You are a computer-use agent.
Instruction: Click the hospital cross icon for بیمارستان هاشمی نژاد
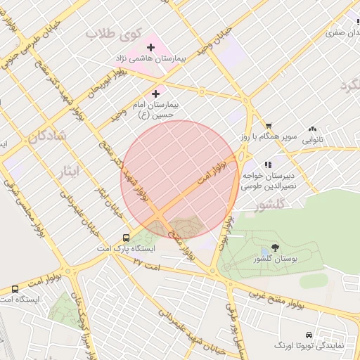point(150,47)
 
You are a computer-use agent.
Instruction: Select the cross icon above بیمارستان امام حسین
point(156,93)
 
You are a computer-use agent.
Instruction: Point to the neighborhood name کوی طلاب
point(114,33)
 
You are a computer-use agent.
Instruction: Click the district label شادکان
point(47,135)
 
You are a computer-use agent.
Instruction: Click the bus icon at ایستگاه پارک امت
point(126,238)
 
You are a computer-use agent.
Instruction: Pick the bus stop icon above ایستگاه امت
point(15,289)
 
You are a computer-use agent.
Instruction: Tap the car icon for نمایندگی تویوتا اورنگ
point(309,334)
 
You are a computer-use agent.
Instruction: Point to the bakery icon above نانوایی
point(312,129)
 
